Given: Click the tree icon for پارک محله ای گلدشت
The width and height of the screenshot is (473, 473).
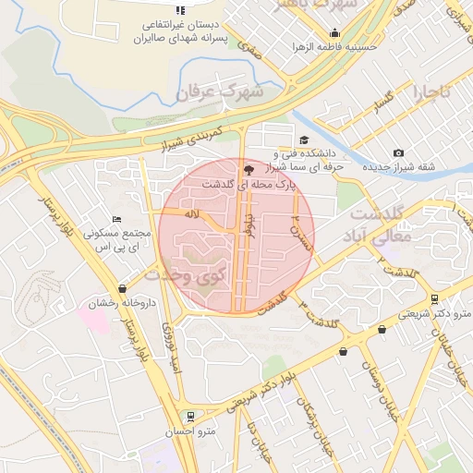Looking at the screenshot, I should (248, 169).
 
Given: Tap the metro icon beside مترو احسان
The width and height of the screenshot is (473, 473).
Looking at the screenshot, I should (190, 416).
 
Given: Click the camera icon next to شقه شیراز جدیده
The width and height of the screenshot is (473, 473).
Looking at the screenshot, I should (398, 152).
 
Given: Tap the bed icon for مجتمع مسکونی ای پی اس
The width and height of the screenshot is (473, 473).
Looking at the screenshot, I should (115, 219).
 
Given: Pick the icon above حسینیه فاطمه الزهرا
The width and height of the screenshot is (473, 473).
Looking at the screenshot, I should (334, 32).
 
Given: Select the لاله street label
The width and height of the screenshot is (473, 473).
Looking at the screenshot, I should (192, 214).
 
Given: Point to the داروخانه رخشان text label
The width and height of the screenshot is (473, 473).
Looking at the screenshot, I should (122, 303).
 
